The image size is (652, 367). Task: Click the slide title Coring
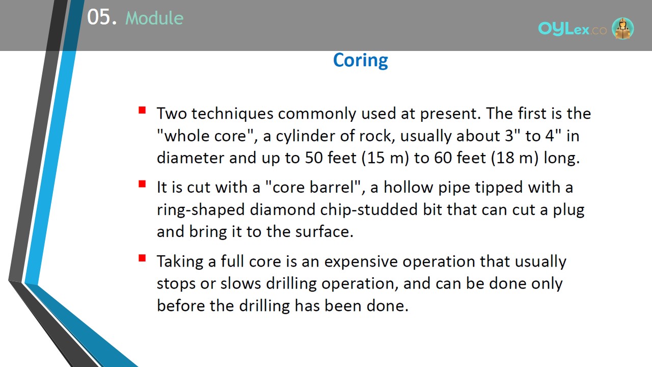[x=360, y=60]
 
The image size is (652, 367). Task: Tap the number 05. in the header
[x=102, y=17]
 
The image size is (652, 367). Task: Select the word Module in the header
[x=154, y=18]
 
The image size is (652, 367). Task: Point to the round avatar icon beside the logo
[x=623, y=28]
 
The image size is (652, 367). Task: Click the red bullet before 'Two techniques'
[x=142, y=110]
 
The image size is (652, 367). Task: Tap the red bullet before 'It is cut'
[x=142, y=184]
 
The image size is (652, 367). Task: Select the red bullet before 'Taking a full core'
[x=142, y=258]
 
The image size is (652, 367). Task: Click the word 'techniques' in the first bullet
[x=232, y=114]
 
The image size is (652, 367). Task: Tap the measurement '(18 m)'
[x=515, y=158]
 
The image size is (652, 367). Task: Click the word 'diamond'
[x=283, y=209]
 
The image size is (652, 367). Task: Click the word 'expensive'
[x=361, y=261]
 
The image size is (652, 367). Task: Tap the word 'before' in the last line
[x=181, y=306]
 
